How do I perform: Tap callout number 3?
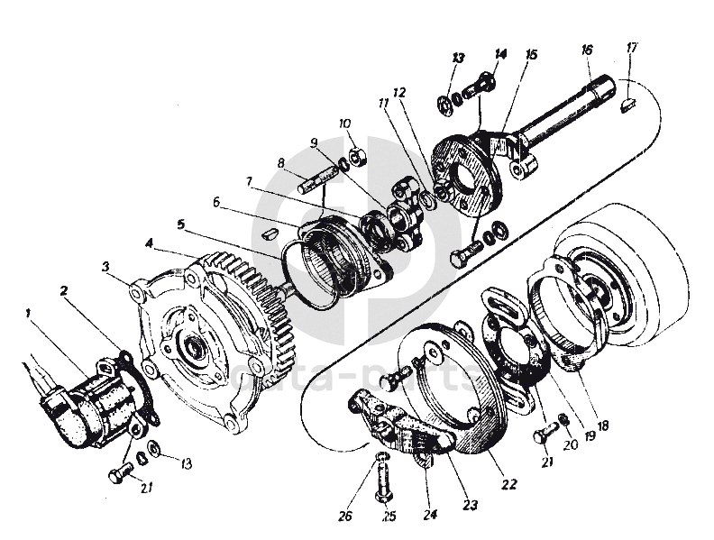pos(105,267)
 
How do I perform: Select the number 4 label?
pos(149,243)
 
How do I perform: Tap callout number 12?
pos(399,93)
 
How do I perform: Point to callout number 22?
pos(508,484)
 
